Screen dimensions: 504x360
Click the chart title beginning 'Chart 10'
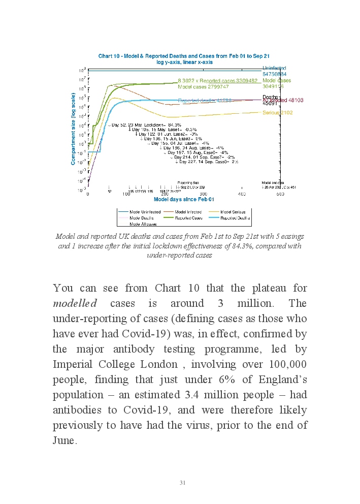[184, 56]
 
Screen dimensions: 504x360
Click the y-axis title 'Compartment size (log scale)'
[73, 129]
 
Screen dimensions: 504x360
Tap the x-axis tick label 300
[203, 194]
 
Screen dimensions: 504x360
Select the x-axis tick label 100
[126, 194]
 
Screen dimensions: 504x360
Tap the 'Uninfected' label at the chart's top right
[274, 68]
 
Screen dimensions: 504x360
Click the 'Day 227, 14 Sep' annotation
[207, 162]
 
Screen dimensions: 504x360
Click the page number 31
[183, 482]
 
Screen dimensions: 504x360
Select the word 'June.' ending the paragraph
[65, 440]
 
